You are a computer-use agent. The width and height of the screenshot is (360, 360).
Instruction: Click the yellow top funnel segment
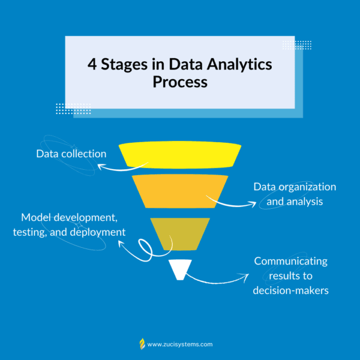pos(180,155)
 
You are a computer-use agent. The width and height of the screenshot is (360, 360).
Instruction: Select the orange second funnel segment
pos(180,191)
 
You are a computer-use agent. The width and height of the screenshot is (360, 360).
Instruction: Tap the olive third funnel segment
pos(180,234)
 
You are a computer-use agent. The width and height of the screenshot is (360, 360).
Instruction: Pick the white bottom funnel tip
pos(180,270)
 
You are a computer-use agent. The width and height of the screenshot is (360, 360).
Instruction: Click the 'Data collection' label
pos(71,154)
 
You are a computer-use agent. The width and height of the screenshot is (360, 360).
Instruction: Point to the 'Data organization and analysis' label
pos(295,194)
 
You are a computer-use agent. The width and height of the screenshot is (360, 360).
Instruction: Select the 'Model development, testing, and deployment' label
pos(69,225)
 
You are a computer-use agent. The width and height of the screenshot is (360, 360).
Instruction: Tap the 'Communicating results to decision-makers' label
pos(290,276)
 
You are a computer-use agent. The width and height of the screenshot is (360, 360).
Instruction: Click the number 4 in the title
pos(92,64)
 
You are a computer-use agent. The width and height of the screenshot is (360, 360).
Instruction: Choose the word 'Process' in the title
pos(180,82)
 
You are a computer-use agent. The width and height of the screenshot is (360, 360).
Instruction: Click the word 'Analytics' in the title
pos(239,65)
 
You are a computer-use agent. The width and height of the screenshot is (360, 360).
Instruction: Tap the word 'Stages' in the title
pos(124,65)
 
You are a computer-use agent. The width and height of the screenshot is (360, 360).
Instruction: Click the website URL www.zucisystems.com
pos(180,344)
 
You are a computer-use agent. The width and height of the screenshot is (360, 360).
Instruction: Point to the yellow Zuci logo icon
pos(142,344)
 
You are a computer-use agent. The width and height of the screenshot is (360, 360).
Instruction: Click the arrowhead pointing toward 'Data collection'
pos(101,167)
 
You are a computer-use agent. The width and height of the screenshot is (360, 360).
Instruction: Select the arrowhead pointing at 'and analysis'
pos(253,204)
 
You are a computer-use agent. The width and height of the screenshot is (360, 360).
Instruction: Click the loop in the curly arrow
pos(145,250)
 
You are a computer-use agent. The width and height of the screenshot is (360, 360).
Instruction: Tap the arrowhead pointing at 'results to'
pos(245,276)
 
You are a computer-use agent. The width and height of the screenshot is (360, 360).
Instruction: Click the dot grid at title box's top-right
pos(297,45)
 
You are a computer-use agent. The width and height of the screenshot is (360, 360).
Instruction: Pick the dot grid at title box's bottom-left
pos(73,109)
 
